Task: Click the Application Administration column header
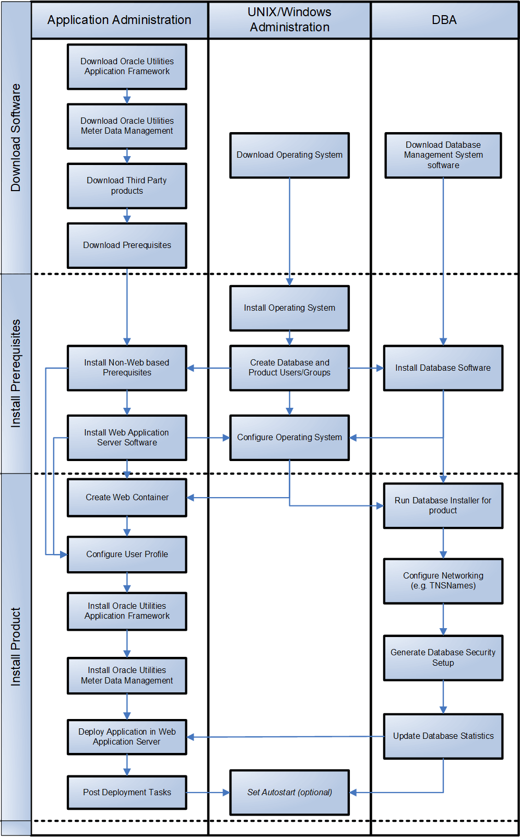(119, 20)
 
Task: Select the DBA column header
(444, 20)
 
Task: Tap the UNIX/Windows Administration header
(289, 20)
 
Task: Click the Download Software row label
(16, 137)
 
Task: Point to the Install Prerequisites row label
(16, 373)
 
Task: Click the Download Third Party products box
(127, 186)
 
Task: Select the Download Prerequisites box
(127, 245)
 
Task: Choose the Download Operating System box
(289, 155)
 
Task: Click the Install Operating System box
(289, 308)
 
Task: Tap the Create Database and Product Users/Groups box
(289, 368)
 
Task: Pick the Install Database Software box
(443, 368)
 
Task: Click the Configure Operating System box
(289, 438)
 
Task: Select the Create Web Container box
(127, 498)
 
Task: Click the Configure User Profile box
(127, 555)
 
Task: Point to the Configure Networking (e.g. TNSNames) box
(443, 581)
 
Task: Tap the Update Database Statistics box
(443, 736)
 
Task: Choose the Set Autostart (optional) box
(289, 793)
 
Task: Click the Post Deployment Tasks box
(127, 793)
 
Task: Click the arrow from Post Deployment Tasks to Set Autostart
(208, 793)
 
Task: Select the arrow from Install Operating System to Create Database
(289, 338)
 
